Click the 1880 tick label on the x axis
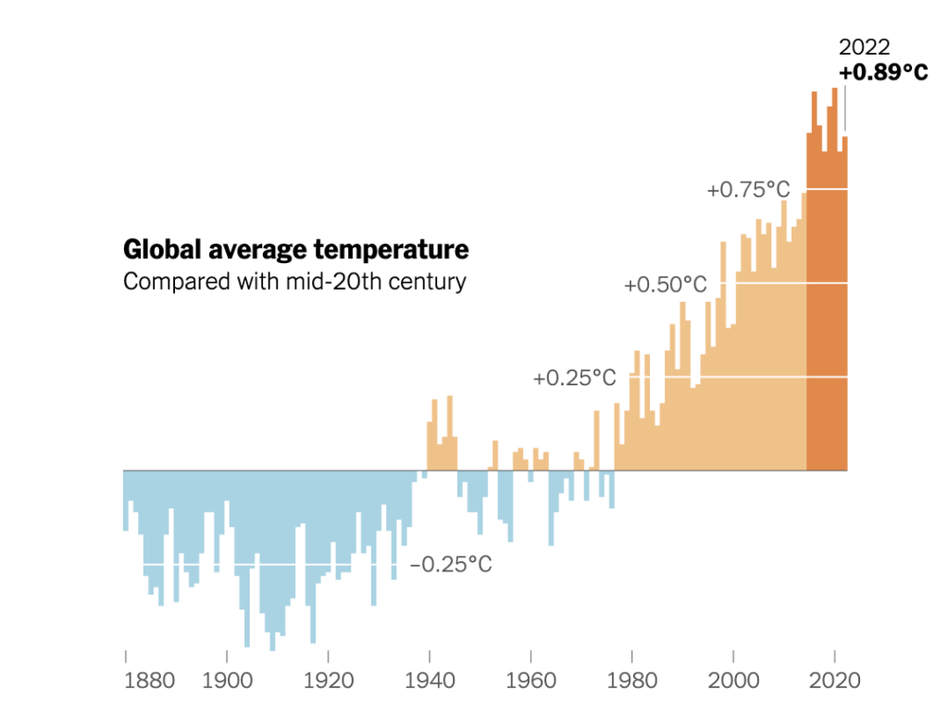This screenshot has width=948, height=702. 149,681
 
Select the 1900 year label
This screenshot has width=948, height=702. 227,681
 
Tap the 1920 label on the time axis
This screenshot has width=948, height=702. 329,681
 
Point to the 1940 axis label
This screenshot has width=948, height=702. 430,681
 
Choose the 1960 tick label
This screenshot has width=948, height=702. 531,681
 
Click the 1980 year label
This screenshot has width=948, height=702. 632,681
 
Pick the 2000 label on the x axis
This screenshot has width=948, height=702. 734,681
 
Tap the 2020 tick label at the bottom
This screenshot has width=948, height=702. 836,681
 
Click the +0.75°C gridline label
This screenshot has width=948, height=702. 748,190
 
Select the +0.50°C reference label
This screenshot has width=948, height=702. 666,284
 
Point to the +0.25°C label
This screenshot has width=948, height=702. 574,378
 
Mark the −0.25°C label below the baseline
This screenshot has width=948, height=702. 451,564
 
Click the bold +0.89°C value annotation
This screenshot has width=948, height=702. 883,73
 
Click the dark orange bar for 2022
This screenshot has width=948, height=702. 844,306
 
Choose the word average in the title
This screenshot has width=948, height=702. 255,250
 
